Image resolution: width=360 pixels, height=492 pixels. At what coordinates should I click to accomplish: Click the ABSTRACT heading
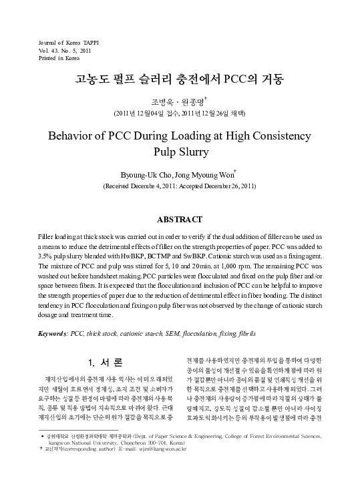pos(180,219)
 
